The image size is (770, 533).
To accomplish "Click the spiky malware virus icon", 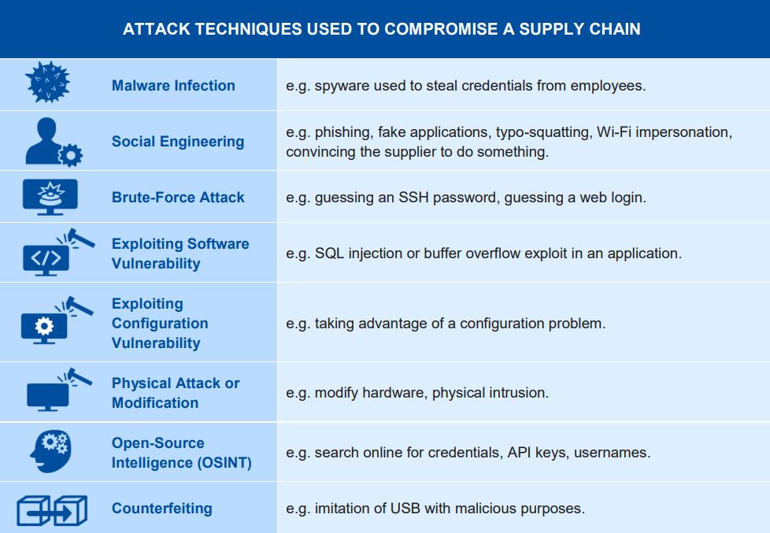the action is click(48, 83).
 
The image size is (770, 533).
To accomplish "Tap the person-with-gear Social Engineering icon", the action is click(54, 142).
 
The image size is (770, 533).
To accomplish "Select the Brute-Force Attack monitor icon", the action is click(50, 197).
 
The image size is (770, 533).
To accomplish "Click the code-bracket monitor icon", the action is click(58, 252).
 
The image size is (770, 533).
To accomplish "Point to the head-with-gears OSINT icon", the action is click(50, 451).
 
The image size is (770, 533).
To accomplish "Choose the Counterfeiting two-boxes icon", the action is click(52, 511).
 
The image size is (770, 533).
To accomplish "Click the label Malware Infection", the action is click(173, 86).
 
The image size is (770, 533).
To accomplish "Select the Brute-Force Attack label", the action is click(178, 198).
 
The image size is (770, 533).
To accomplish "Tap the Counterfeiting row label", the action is click(162, 509).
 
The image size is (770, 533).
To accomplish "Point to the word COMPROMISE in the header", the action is click(441, 29).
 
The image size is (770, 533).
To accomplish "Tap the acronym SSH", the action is click(413, 198).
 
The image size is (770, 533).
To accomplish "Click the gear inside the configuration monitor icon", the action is click(44, 326).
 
